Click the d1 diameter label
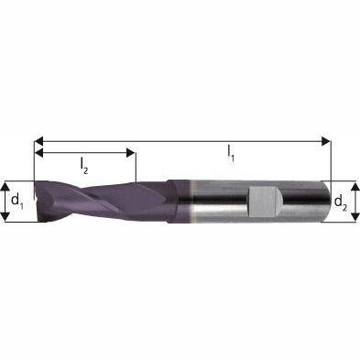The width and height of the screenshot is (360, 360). click(x=16, y=199)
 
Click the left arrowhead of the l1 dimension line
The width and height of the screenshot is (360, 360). click(x=39, y=141)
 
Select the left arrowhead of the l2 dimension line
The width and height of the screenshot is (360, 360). click(x=39, y=153)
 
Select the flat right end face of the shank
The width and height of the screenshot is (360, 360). click(x=328, y=202)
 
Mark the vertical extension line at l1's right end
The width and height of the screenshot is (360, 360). click(x=330, y=160)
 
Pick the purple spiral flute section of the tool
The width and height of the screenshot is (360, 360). click(x=87, y=202)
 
